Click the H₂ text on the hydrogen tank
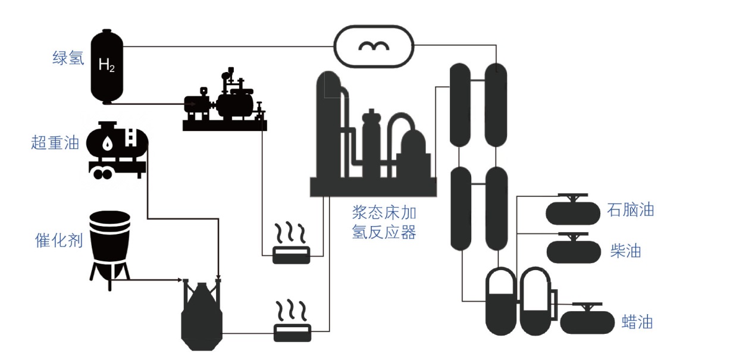click(x=106, y=65)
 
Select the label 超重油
click(x=55, y=143)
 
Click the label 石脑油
click(x=631, y=210)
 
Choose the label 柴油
click(x=625, y=251)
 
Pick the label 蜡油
click(x=637, y=322)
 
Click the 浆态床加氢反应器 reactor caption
click(x=384, y=223)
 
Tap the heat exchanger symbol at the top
click(x=374, y=46)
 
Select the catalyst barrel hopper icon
click(x=110, y=244)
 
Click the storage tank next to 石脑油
click(x=573, y=211)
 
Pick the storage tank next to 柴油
click(x=573, y=250)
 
